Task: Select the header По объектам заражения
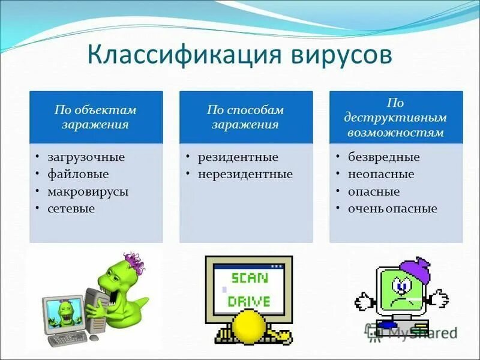[x=96, y=118]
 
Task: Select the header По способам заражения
[x=246, y=118]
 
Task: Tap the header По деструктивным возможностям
[x=396, y=118]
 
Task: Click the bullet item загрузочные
[x=86, y=157]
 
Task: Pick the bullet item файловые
[x=79, y=175]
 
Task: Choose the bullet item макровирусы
[x=88, y=192]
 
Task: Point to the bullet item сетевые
[x=71, y=209]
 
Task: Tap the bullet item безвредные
[x=384, y=157]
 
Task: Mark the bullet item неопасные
[x=381, y=175]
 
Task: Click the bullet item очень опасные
[x=392, y=209]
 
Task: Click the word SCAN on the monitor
[x=250, y=277]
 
